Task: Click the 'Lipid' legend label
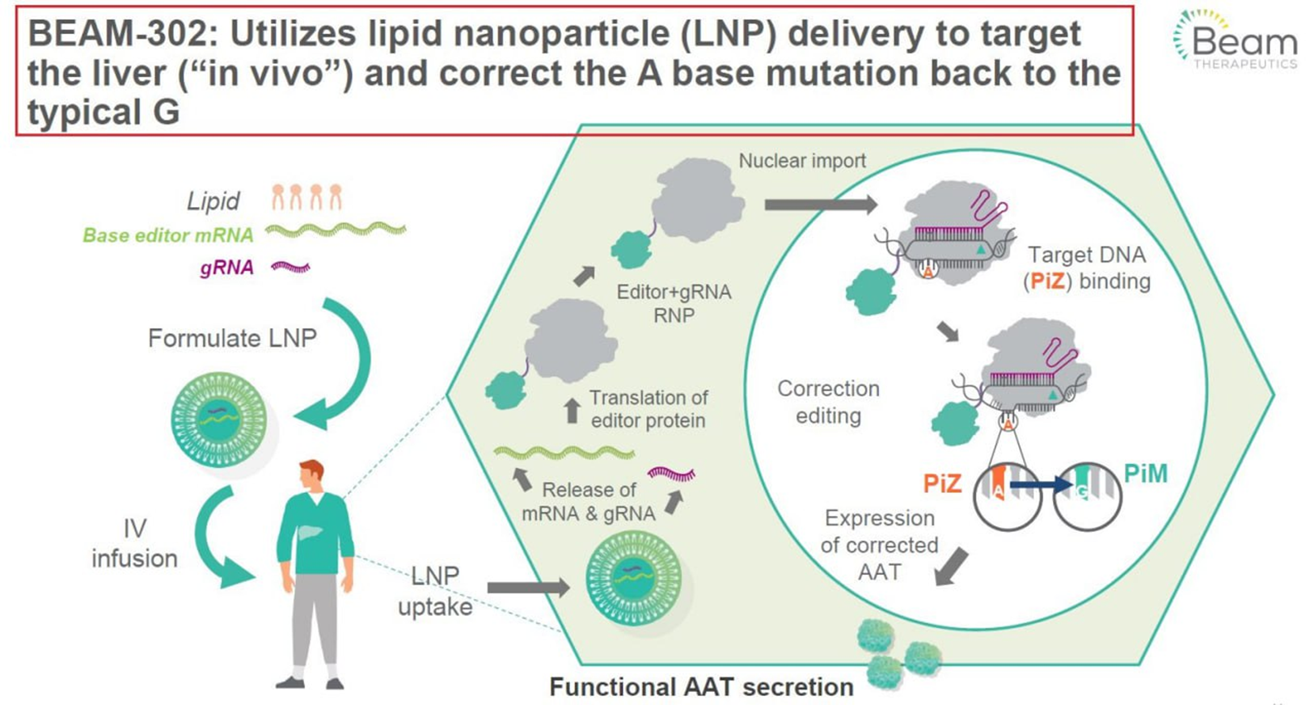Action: click(x=213, y=201)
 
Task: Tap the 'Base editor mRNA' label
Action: click(x=168, y=235)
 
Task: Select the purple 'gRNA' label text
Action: click(x=226, y=268)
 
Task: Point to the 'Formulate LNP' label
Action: click(x=232, y=338)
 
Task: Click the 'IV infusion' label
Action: click(x=134, y=543)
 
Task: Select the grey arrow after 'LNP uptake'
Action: click(x=528, y=588)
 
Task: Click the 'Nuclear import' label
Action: click(x=802, y=161)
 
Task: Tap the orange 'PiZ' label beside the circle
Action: click(x=943, y=483)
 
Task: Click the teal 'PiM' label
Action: click(x=1146, y=474)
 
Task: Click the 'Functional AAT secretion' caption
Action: click(x=701, y=686)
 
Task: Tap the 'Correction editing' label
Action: click(x=828, y=402)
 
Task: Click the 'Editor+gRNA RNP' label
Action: click(x=674, y=303)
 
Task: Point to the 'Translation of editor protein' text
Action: click(x=648, y=409)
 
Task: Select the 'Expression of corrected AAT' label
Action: click(x=879, y=544)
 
